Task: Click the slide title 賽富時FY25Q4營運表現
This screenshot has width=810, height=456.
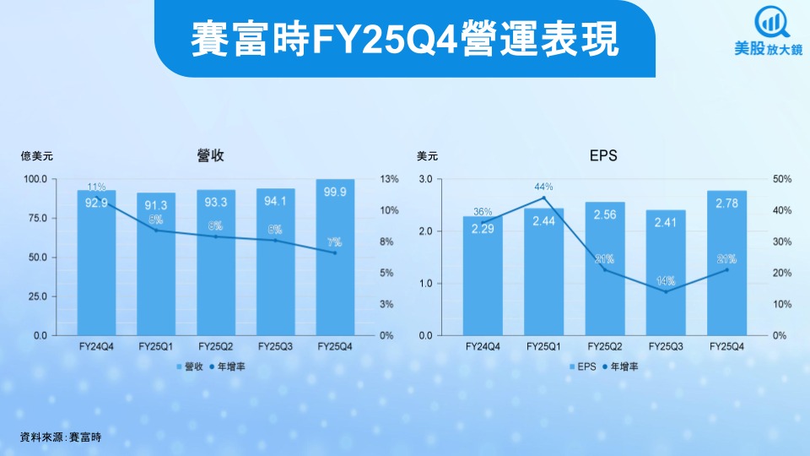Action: click(405, 40)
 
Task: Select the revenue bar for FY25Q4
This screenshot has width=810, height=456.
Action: click(334, 258)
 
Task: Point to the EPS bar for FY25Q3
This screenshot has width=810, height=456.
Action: click(666, 273)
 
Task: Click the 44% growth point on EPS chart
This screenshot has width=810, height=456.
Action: click(543, 198)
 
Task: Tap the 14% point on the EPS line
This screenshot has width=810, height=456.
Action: click(666, 291)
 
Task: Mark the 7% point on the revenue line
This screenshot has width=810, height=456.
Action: click(334, 252)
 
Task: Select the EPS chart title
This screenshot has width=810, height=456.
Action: click(603, 155)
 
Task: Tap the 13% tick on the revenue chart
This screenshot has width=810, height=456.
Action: click(389, 180)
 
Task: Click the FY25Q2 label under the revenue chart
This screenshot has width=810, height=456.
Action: click(215, 346)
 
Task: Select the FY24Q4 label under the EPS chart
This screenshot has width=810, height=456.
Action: click(483, 346)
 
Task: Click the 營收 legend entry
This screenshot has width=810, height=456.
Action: click(189, 367)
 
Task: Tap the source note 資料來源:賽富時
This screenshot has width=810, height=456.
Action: click(60, 437)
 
